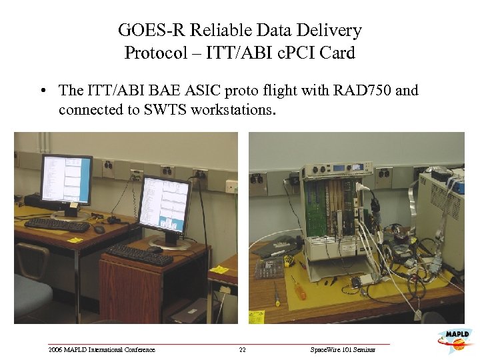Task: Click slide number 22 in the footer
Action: pyautogui.click(x=242, y=349)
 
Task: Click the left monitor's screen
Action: pyautogui.click(x=66, y=179)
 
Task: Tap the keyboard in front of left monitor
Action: pyautogui.click(x=56, y=225)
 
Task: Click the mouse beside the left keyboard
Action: pyautogui.click(x=100, y=229)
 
